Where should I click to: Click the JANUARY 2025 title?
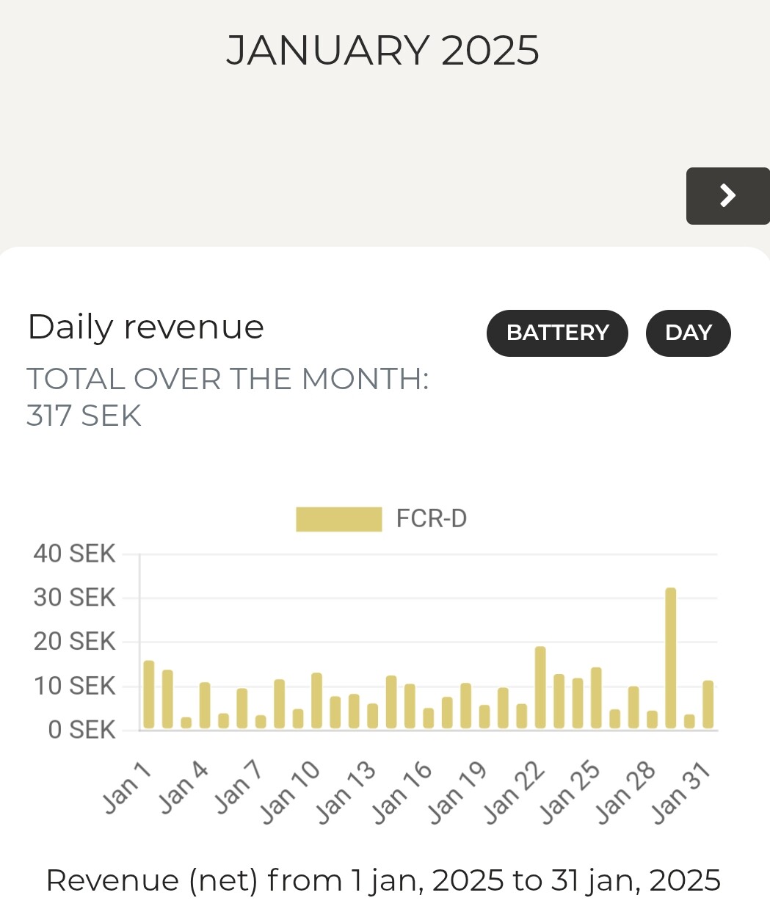click(382, 51)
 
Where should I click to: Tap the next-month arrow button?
click(727, 195)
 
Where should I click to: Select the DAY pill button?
click(688, 333)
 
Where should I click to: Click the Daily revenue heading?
click(145, 327)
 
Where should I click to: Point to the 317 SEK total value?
click(84, 416)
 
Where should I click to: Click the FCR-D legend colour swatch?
click(338, 518)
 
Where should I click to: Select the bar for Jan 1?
click(149, 694)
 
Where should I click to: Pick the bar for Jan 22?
click(540, 687)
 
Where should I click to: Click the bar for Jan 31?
click(708, 704)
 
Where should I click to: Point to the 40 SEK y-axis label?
click(74, 554)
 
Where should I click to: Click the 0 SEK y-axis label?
click(81, 730)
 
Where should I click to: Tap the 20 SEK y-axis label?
click(74, 642)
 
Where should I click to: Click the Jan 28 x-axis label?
click(625, 793)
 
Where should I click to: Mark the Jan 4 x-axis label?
click(184, 788)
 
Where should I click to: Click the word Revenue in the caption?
click(112, 880)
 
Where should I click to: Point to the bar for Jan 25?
click(596, 698)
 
